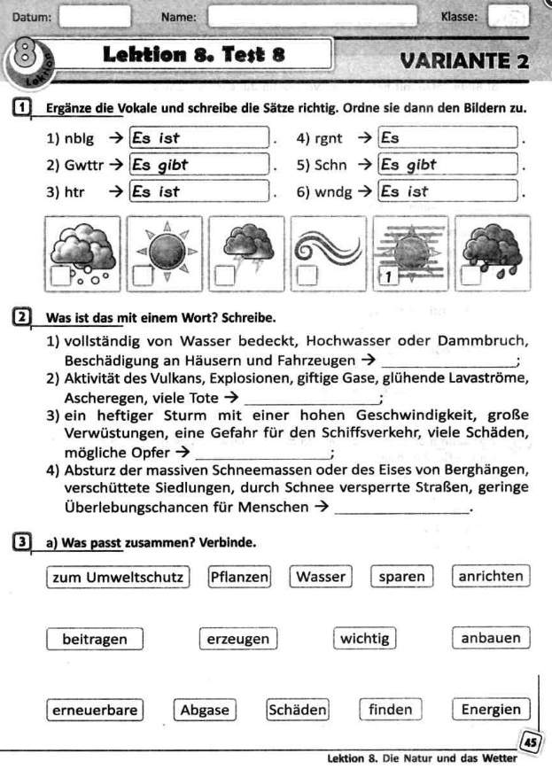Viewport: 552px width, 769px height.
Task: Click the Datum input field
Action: [x=95, y=16]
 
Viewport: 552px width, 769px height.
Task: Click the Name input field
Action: [x=312, y=16]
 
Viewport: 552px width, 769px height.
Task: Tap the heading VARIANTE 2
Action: [x=464, y=61]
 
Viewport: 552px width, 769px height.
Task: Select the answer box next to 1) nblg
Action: [x=199, y=138]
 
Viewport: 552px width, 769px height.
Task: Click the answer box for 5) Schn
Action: [x=448, y=165]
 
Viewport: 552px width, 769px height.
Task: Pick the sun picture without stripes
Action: [x=166, y=252]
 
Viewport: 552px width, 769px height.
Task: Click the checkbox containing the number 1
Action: [x=386, y=277]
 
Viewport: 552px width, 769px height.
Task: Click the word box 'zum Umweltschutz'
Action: [x=117, y=577]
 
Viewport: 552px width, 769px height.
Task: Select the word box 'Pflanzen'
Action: [x=239, y=577]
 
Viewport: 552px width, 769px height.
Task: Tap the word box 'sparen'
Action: [x=401, y=577]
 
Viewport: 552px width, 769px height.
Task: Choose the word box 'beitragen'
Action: [x=95, y=639]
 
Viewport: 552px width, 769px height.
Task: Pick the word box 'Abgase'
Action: [x=205, y=710]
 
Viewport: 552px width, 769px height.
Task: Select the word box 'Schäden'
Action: [x=298, y=710]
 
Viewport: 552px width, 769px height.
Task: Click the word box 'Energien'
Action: [x=491, y=710]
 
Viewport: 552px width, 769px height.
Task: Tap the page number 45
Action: [x=530, y=742]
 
